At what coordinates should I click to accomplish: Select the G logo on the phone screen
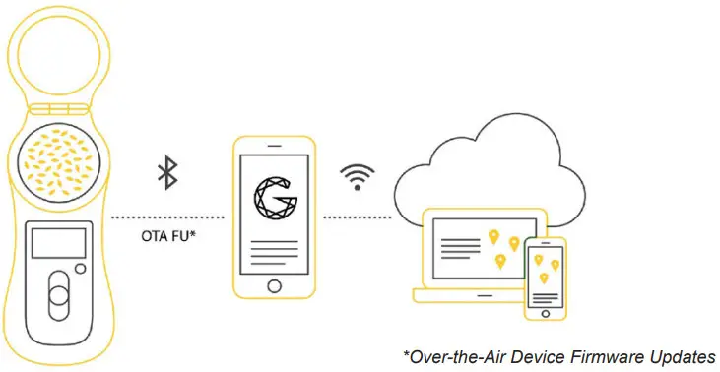275,195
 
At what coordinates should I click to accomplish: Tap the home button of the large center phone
276,282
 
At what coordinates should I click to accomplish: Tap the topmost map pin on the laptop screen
492,236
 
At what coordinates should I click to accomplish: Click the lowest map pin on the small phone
544,279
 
